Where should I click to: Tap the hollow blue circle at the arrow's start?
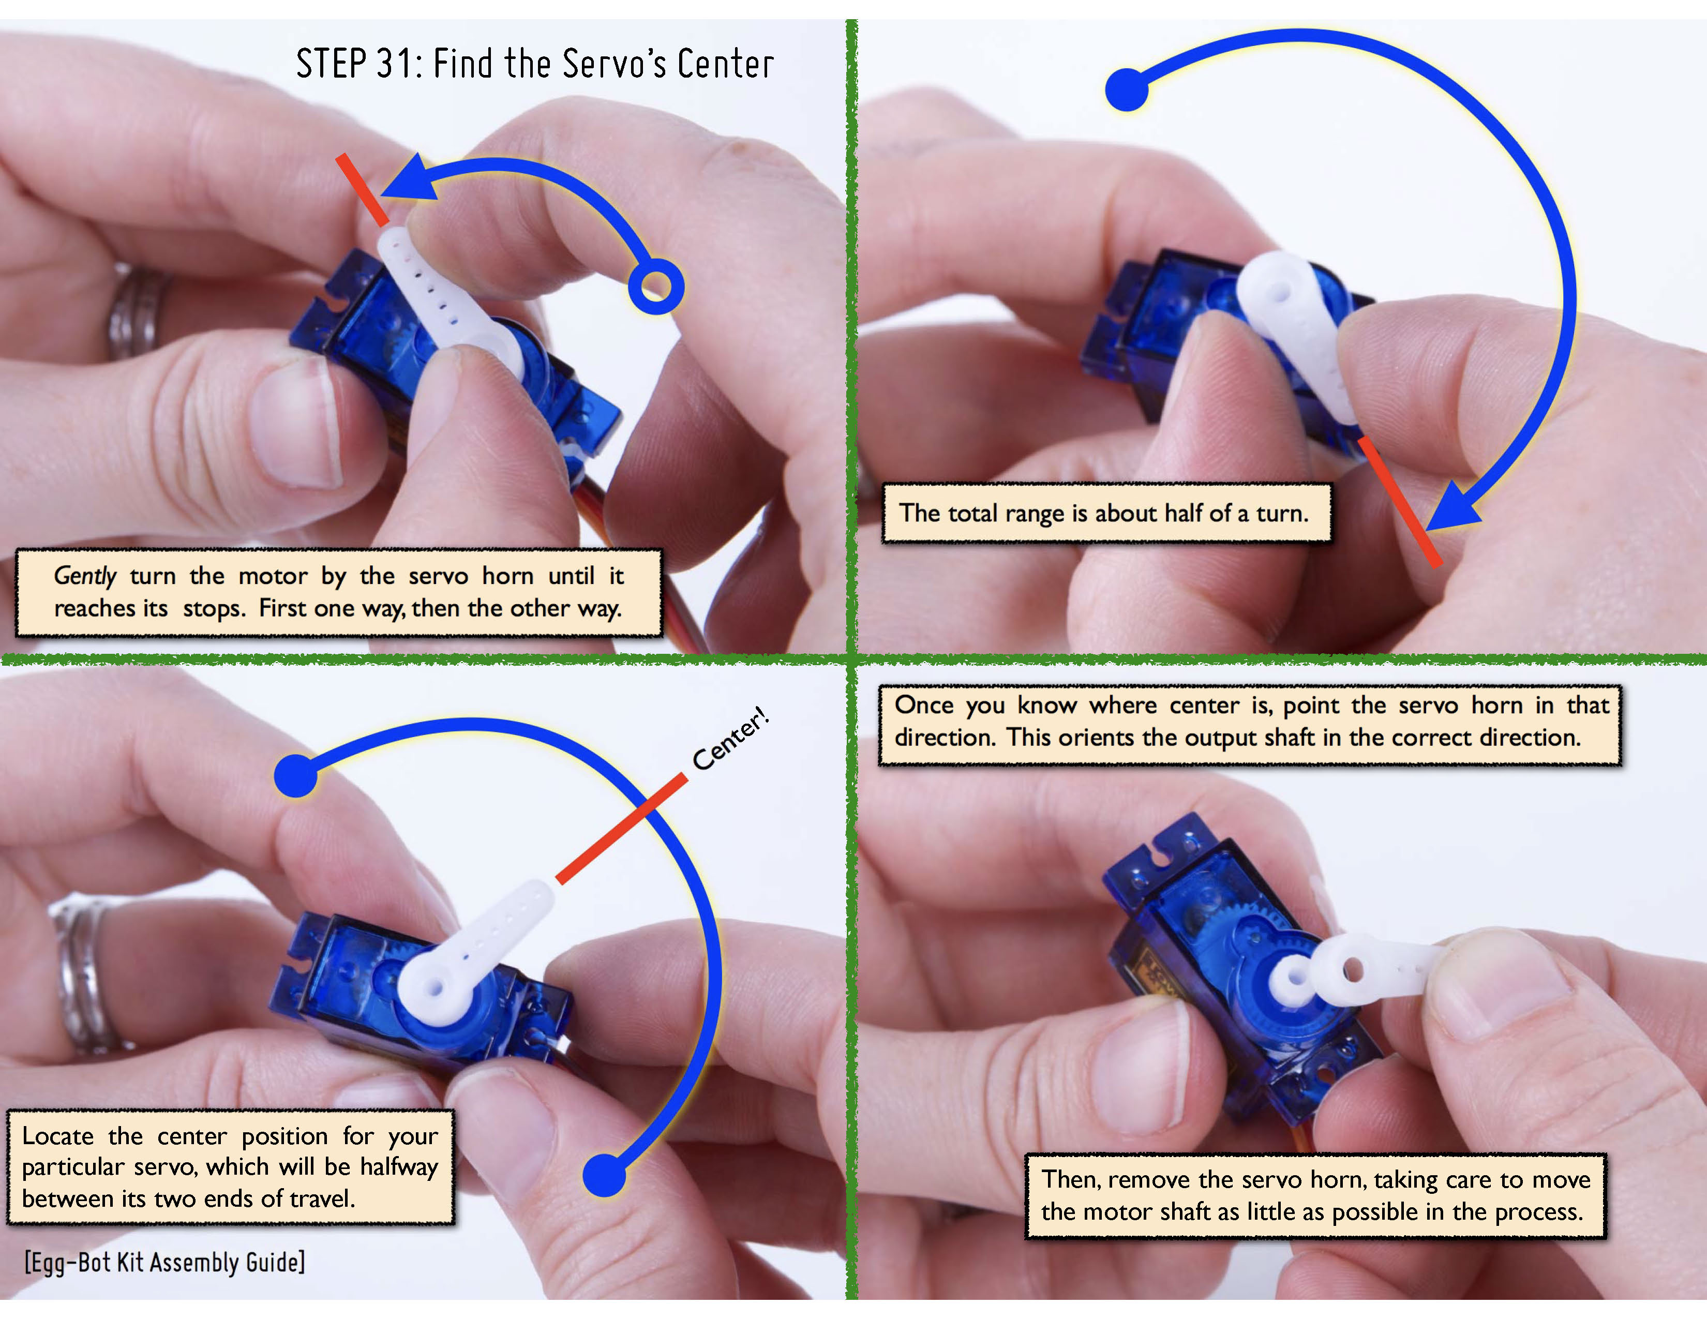click(x=656, y=287)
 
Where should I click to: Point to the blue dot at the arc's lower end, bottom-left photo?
click(x=604, y=1175)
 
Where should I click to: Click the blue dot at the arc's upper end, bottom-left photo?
click(x=295, y=776)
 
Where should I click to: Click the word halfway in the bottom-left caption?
click(x=399, y=1167)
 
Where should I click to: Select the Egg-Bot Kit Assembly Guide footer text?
click(x=164, y=1262)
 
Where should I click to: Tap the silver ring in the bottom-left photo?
click(x=86, y=973)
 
